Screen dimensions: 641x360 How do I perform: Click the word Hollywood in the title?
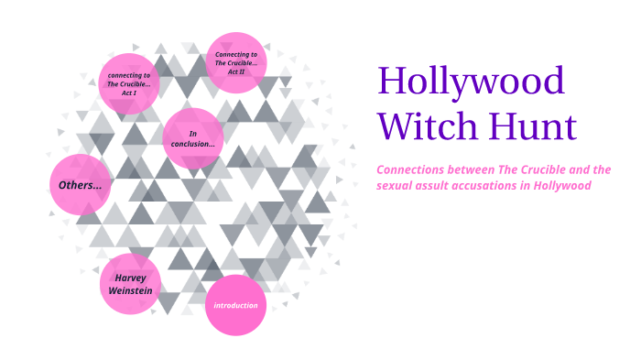(x=472, y=83)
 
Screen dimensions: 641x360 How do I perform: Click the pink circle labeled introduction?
(x=235, y=305)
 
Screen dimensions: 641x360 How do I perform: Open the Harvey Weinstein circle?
(x=131, y=284)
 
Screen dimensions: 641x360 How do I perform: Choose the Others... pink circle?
(x=80, y=185)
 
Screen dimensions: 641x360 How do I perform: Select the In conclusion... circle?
(x=193, y=138)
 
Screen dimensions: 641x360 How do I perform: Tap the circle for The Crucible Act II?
(x=235, y=62)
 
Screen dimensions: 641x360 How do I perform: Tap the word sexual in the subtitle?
(x=395, y=186)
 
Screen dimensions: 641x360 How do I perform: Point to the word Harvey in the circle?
(x=130, y=277)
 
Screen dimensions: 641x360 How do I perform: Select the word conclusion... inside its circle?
(x=193, y=145)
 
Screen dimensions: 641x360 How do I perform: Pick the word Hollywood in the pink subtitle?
(x=562, y=186)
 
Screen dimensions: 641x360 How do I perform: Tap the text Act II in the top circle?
(x=236, y=71)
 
